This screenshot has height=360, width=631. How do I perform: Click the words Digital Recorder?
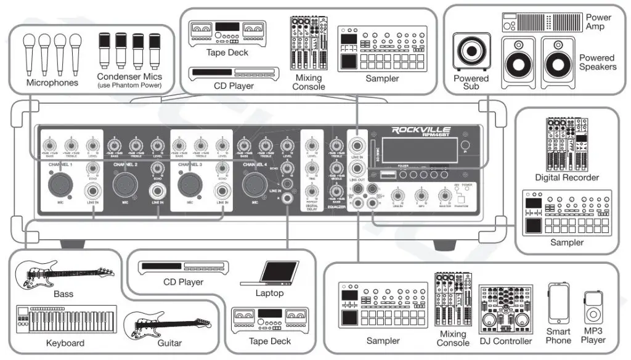566,178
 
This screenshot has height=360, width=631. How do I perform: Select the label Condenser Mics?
129,77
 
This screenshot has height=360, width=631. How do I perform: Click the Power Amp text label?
598,22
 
